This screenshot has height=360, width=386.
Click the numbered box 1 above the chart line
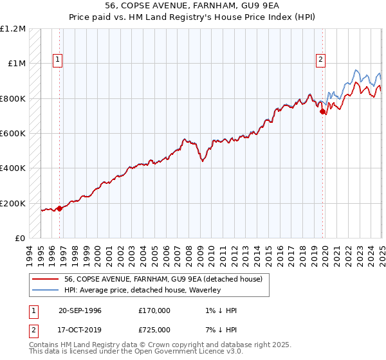click(57, 60)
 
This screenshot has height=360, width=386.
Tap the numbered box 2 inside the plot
click(320, 60)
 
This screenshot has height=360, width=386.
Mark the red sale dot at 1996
click(59, 208)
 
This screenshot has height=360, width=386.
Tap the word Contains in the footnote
click(45, 345)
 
